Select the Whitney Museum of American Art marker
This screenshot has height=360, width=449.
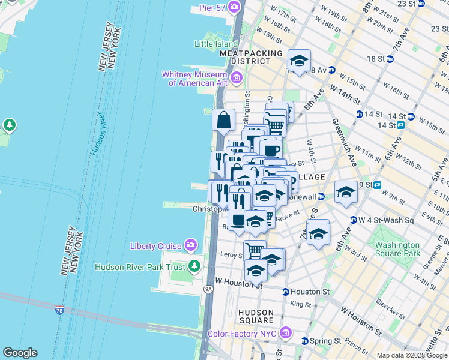[x=236, y=77]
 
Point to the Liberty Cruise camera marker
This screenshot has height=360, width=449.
[x=191, y=245]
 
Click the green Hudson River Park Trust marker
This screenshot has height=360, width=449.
[x=194, y=266]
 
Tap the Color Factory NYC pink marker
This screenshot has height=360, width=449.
[x=285, y=333]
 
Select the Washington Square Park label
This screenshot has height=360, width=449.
[x=397, y=249]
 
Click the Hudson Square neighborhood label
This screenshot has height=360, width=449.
[x=256, y=316]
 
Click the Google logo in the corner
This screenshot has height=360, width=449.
[x=20, y=353]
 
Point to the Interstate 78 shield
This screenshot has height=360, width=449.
[x=59, y=310]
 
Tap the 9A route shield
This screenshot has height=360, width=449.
[x=208, y=289]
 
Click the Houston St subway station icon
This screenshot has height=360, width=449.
[x=285, y=292]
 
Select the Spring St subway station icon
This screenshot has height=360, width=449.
[x=304, y=341]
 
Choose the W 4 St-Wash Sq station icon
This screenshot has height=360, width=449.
[x=354, y=220]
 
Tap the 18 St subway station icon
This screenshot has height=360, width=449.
[x=390, y=59]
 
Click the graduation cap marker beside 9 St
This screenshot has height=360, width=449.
[x=346, y=192]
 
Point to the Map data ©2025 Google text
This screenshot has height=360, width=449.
[x=412, y=355]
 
